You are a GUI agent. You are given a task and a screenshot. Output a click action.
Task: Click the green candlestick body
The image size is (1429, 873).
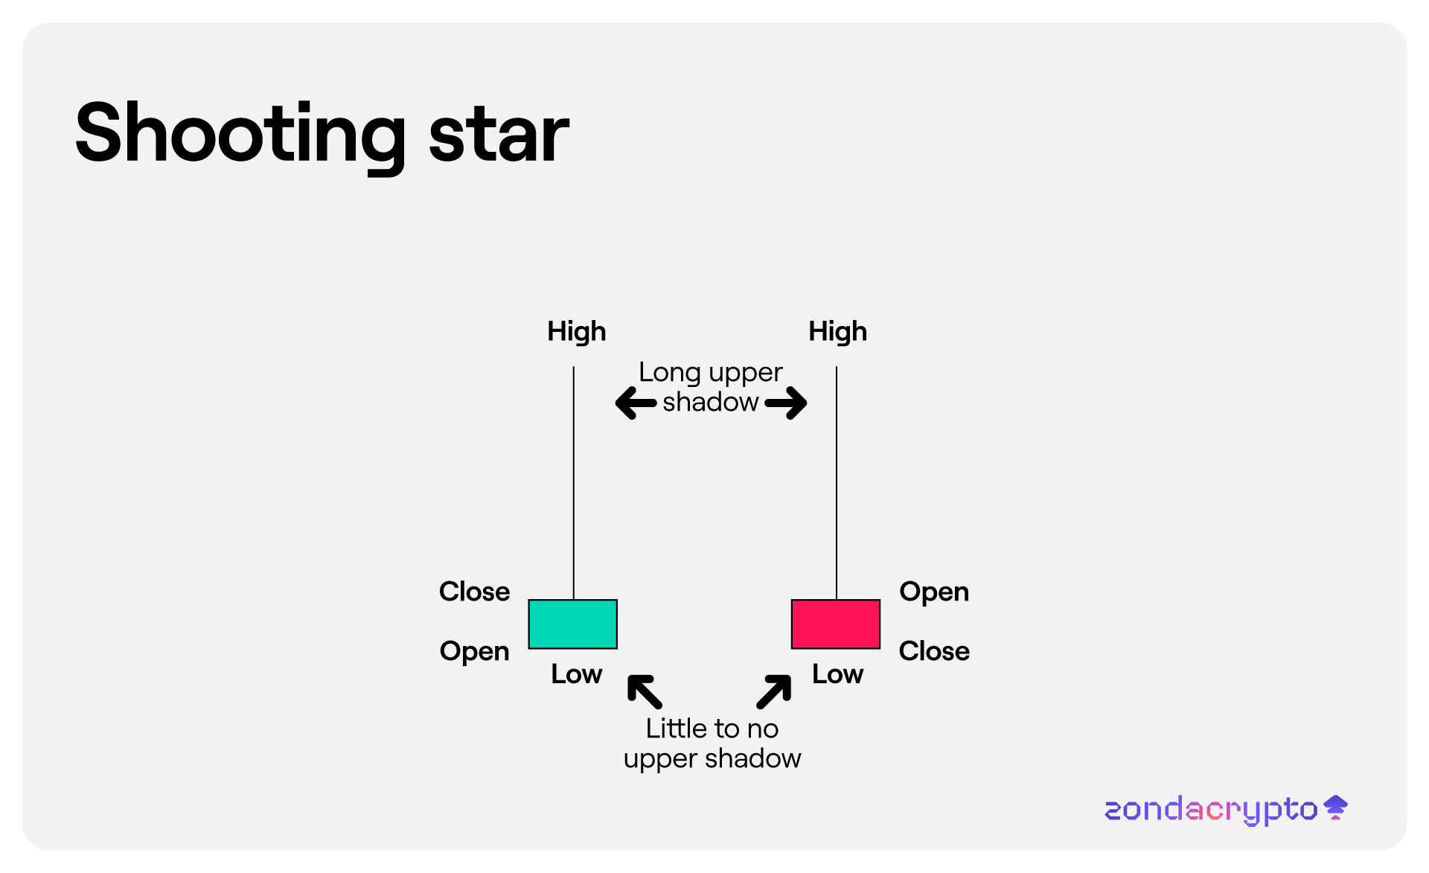pyautogui.click(x=573, y=624)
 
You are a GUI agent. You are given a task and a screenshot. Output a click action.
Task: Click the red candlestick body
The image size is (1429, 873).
pyautogui.click(x=836, y=624)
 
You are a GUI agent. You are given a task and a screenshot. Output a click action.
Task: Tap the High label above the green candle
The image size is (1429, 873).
pyautogui.click(x=577, y=332)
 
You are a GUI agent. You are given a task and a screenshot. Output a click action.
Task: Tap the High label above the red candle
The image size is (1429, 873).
pyautogui.click(x=838, y=332)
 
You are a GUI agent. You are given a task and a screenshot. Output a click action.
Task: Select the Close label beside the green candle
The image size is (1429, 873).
pyautogui.click(x=475, y=592)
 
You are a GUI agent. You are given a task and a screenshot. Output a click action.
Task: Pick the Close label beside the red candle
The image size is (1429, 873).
pyautogui.click(x=934, y=651)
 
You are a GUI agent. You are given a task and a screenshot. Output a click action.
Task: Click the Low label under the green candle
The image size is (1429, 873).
pyautogui.click(x=577, y=674)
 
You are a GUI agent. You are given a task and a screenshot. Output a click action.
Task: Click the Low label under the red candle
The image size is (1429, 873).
pyautogui.click(x=838, y=674)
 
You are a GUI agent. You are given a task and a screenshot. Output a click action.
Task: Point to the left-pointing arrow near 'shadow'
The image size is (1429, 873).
pyautogui.click(x=636, y=403)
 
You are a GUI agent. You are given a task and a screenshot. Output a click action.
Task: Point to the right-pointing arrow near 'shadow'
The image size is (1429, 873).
pyautogui.click(x=786, y=403)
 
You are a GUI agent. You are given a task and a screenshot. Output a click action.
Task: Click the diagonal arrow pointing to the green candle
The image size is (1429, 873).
pyautogui.click(x=645, y=691)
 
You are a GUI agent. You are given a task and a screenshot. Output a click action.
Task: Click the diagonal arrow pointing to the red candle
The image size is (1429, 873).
pyautogui.click(x=774, y=691)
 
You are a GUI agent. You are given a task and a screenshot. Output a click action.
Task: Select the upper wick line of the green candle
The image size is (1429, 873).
pyautogui.click(x=573, y=483)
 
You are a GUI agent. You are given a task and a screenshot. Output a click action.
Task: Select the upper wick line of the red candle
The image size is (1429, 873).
pyautogui.click(x=837, y=483)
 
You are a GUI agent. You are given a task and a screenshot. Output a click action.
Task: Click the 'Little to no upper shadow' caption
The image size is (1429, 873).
pyautogui.click(x=712, y=744)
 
